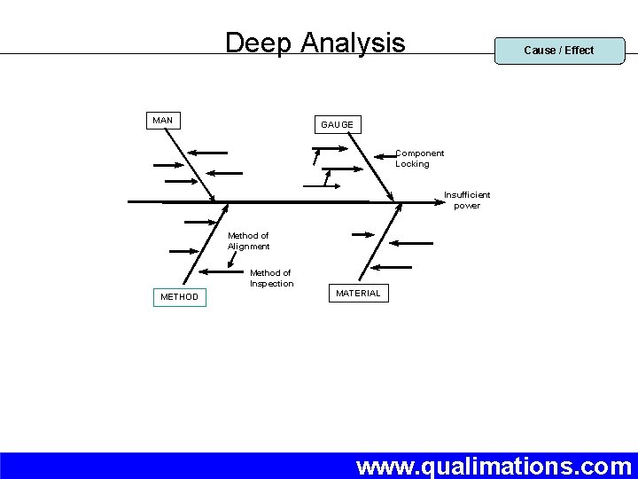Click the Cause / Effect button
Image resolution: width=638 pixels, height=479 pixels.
click(x=559, y=51)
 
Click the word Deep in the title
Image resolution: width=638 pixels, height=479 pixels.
click(x=259, y=43)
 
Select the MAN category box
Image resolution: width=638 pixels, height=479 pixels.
click(x=163, y=120)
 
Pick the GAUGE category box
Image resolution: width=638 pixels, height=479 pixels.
click(x=337, y=125)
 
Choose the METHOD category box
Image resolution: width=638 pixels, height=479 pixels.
click(x=179, y=296)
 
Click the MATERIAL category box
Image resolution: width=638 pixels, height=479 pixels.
click(x=358, y=293)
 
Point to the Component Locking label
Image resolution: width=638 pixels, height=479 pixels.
click(x=418, y=159)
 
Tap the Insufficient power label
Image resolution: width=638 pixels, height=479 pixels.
click(x=467, y=200)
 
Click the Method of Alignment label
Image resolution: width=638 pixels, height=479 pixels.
click(x=248, y=241)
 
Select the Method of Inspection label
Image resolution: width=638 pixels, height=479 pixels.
click(x=271, y=279)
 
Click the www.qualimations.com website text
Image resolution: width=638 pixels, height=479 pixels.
click(x=494, y=466)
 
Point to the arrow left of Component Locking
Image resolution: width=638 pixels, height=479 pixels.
click(x=385, y=155)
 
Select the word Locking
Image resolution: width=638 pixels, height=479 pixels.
click(x=412, y=164)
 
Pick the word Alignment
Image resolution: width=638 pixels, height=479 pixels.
click(x=248, y=247)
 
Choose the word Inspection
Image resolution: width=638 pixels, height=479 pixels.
click(x=271, y=284)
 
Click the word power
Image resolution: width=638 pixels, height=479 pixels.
click(x=467, y=206)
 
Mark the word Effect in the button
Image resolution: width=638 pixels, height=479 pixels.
click(x=579, y=51)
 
